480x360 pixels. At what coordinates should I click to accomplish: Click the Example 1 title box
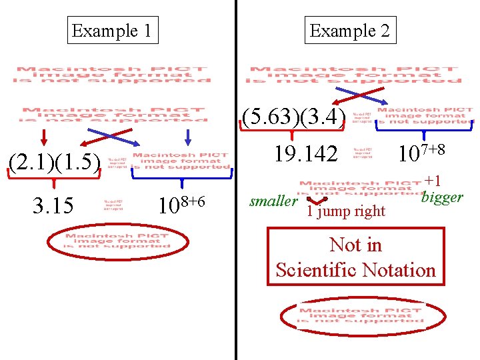pyautogui.click(x=113, y=30)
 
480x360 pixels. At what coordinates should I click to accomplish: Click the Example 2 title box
pyautogui.click(x=352, y=30)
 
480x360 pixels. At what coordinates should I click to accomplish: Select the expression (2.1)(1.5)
pyautogui.click(x=53, y=162)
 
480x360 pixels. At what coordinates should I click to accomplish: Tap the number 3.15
pyautogui.click(x=53, y=205)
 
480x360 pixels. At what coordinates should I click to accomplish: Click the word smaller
pyautogui.click(x=273, y=201)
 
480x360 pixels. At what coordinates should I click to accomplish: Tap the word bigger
pyautogui.click(x=442, y=197)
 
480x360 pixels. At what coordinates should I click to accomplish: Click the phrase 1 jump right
pyautogui.click(x=345, y=211)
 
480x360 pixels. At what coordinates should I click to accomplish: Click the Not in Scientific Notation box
pyautogui.click(x=355, y=257)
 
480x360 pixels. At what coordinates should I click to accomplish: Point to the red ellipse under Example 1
pyautogui.click(x=117, y=241)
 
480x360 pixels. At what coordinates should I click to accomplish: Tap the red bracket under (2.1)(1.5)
pyautogui.click(x=53, y=175)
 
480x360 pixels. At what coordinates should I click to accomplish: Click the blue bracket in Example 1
pyautogui.click(x=181, y=175)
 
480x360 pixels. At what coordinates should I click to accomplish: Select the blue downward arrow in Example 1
pyautogui.click(x=188, y=137)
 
